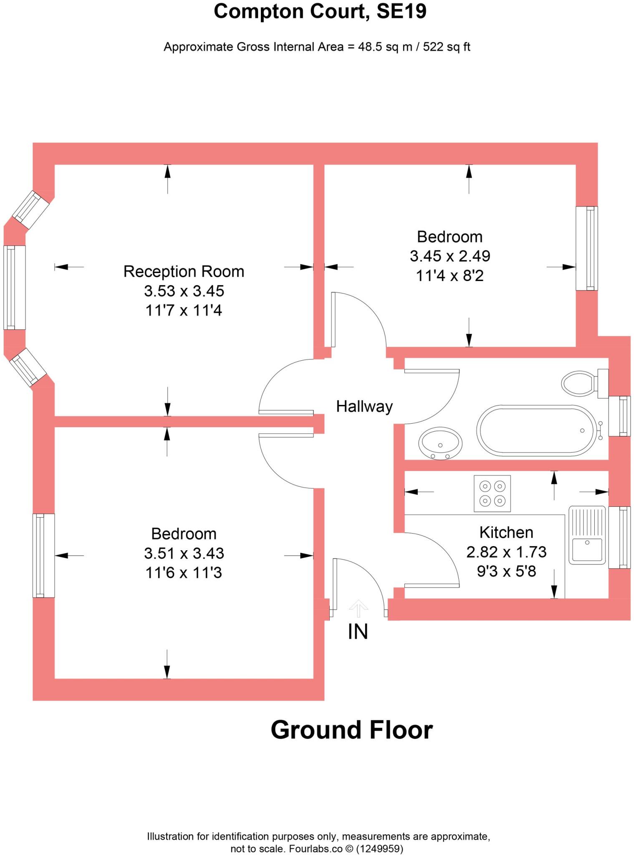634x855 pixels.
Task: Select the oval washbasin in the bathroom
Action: tap(440, 443)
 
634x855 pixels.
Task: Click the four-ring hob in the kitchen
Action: tap(492, 493)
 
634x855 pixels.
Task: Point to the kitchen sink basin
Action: tap(586, 549)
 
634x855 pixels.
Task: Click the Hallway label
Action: tap(364, 406)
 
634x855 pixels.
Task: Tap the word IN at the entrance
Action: tap(358, 632)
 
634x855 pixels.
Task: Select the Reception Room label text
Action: tap(184, 271)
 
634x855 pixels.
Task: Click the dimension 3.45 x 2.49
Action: tap(450, 256)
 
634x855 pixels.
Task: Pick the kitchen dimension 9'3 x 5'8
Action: tap(506, 571)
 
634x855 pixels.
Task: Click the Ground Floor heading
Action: tap(351, 730)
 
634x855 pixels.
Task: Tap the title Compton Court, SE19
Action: tap(320, 12)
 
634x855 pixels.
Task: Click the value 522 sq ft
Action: tap(446, 47)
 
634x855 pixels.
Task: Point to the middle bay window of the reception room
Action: tap(15, 287)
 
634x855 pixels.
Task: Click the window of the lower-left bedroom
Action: tap(43, 555)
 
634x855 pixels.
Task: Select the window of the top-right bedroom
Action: tap(586, 248)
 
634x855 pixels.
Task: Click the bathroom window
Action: tap(619, 416)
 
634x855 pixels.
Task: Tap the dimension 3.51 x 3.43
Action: tap(184, 553)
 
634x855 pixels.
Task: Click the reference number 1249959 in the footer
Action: tap(379, 849)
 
